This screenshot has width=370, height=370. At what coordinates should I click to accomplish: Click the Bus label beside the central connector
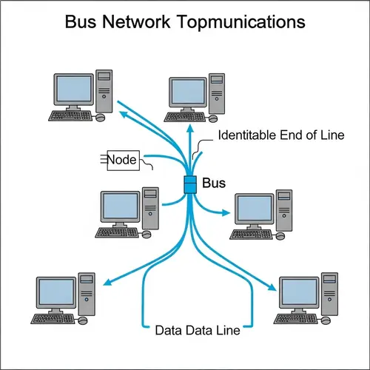pos(213,183)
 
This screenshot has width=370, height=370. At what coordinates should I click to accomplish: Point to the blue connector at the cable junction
pos(189,185)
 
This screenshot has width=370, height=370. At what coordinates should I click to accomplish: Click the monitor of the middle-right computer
pos(254,210)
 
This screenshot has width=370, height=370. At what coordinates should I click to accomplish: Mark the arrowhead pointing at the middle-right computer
pos(228,215)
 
